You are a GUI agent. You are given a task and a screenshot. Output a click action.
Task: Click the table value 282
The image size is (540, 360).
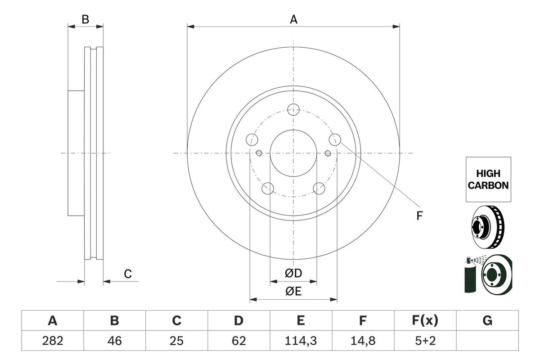tap(53, 342)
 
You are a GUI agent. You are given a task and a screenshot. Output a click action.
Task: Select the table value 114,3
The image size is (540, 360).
tap(301, 342)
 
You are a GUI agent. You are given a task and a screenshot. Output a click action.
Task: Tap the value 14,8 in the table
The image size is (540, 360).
tap(363, 342)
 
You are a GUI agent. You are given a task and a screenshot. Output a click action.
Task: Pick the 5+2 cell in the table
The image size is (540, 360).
tap(425, 342)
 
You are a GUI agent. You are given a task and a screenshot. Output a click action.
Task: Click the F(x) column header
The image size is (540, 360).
tap(425, 321)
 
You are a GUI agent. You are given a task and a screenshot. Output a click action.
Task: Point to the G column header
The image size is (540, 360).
tap(487, 321)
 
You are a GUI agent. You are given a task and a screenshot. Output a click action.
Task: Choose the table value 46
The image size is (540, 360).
tap(115, 342)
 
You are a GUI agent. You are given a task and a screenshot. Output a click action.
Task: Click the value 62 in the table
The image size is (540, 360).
tap(239, 342)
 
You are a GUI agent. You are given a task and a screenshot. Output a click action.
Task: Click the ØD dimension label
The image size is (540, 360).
tap(293, 273)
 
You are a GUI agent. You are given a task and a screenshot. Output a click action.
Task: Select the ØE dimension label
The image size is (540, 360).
tap(293, 291)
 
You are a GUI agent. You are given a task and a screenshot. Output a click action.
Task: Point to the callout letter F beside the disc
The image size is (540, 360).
tap(419, 216)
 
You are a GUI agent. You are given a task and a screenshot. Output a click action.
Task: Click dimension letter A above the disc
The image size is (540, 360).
tap(293, 19)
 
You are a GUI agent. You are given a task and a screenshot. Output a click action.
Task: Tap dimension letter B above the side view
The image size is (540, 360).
tap(85, 19)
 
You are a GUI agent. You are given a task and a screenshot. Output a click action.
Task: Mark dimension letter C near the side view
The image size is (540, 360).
tap(128, 274)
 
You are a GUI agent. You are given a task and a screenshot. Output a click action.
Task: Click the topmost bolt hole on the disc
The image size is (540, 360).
tap(293, 108)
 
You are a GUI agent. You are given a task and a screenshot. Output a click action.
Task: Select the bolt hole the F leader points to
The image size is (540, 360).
tap(334, 139)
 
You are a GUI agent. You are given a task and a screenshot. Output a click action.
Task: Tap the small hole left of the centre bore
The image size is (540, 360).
tap(259, 153)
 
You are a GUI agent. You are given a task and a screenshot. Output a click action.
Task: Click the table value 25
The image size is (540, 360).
tap(177, 342)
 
